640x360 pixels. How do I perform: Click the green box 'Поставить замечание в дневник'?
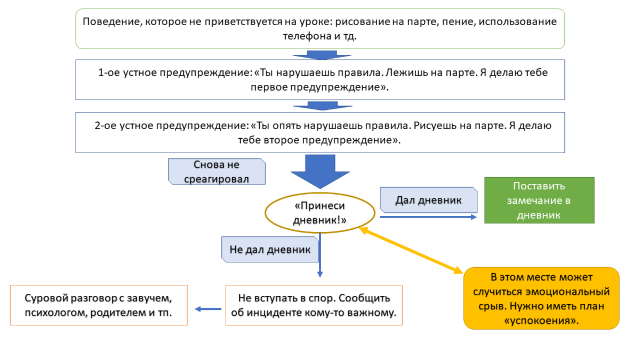[539, 200]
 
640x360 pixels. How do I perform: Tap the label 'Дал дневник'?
[428, 200]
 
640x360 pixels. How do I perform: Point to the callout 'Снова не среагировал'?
[217, 172]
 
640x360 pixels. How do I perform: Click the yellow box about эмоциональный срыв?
[541, 298]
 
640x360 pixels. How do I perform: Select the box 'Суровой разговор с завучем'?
[99, 305]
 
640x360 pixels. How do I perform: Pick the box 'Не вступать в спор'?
[314, 305]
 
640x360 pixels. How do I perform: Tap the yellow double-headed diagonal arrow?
[411, 250]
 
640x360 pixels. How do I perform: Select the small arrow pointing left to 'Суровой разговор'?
[207, 309]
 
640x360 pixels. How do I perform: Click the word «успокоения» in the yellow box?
[542, 322]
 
